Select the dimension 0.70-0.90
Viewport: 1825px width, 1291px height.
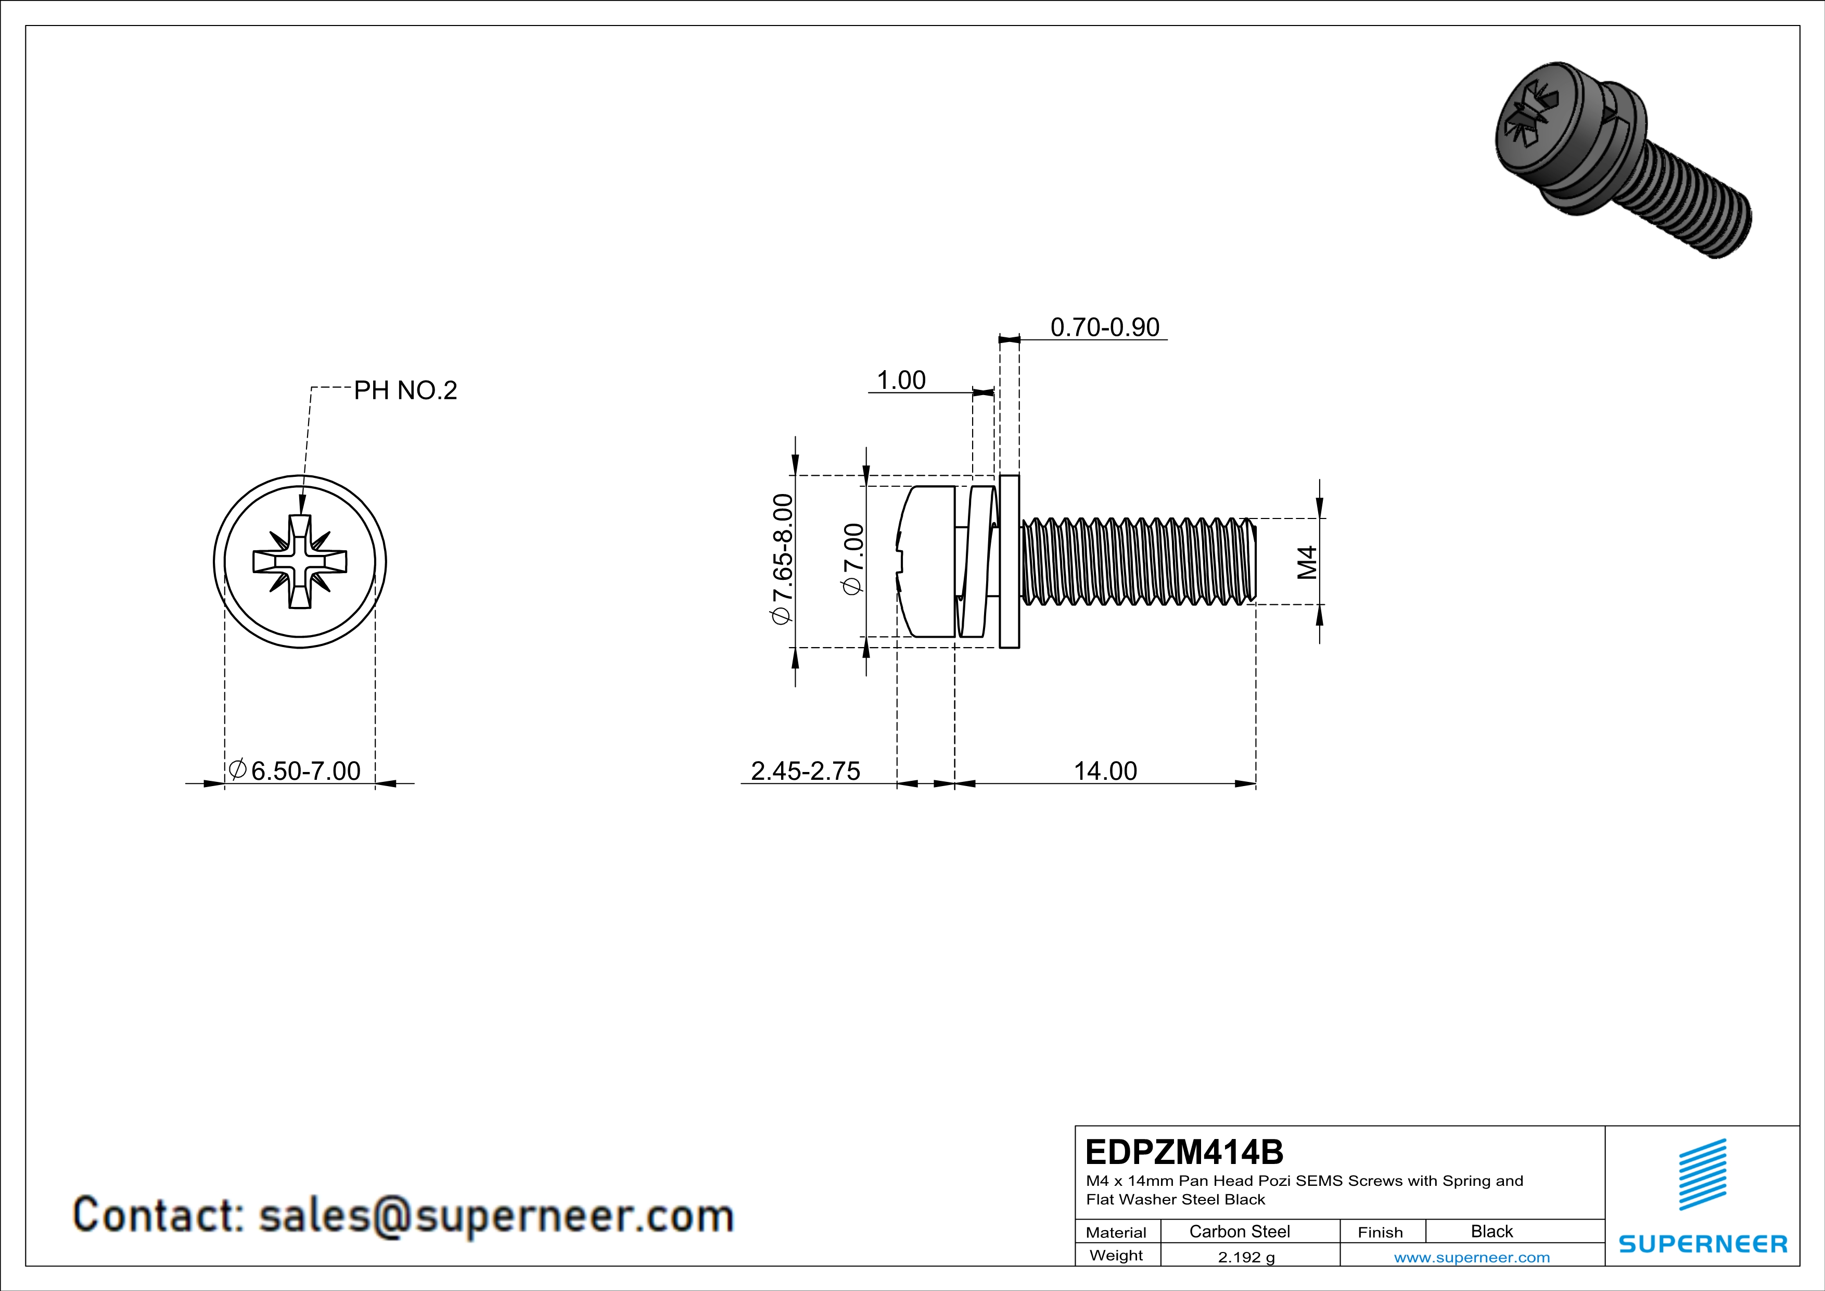1104,327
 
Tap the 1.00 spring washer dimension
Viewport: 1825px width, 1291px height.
901,380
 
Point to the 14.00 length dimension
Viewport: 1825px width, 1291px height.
1105,770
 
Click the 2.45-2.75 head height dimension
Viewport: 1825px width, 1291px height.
805,770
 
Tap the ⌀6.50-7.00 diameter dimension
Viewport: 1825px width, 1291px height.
295,770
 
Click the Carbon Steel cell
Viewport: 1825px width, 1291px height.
1239,1231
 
